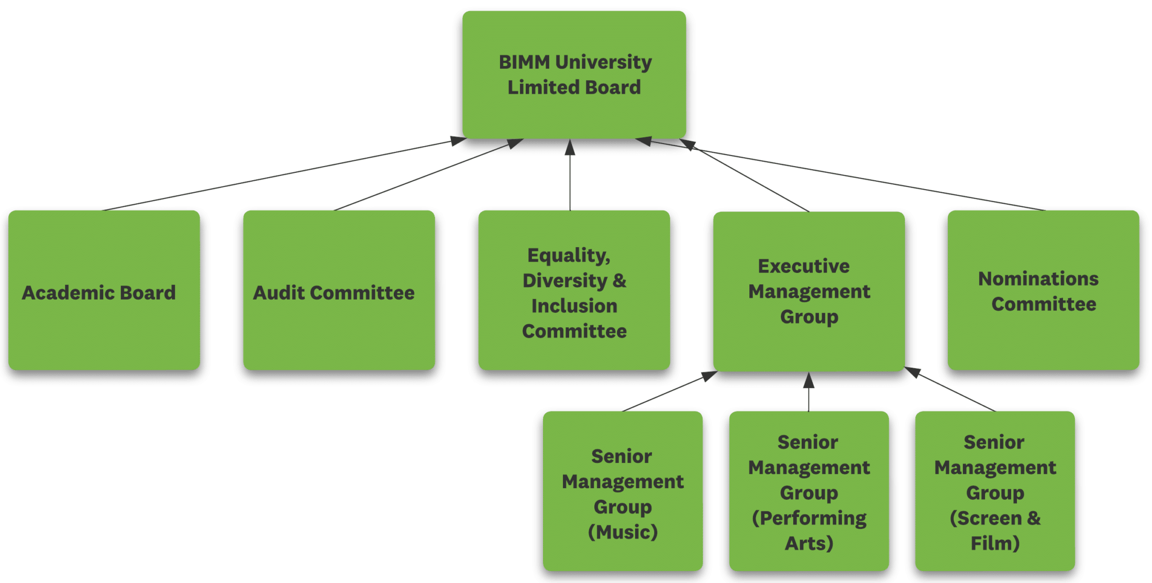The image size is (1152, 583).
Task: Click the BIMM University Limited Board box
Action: (574, 74)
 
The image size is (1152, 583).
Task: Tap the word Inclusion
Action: (574, 306)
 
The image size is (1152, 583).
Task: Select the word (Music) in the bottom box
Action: (623, 532)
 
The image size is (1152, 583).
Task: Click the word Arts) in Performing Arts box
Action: (809, 544)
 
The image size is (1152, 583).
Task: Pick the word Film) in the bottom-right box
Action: (995, 544)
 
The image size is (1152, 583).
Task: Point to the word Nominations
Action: (1038, 279)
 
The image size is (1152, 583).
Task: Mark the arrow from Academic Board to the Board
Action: (283, 174)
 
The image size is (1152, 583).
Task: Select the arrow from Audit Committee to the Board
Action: (427, 175)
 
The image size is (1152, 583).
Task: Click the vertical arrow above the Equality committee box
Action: (570, 175)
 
